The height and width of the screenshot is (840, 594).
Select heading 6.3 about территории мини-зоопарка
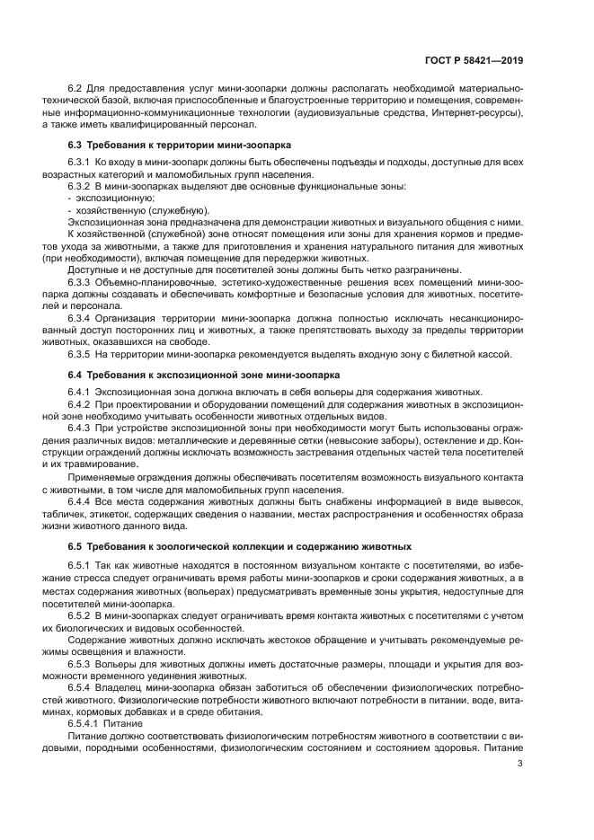[x=180, y=145]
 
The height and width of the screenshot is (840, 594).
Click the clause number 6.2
[x=75, y=90]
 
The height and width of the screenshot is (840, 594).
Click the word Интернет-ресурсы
[x=477, y=113]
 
